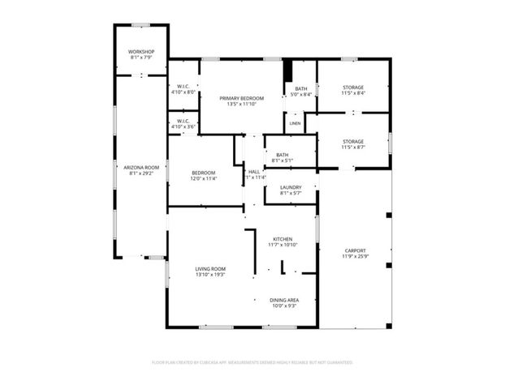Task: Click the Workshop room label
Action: [140, 51]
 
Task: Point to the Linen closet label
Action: [295, 123]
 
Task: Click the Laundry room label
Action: [290, 186]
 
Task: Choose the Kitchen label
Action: [283, 238]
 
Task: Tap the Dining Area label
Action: [284, 300]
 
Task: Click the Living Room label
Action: [210, 268]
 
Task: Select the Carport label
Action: [355, 250]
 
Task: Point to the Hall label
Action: [254, 171]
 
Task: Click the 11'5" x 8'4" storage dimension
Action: [353, 93]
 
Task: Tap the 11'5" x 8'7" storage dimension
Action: [353, 147]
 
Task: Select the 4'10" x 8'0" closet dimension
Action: [183, 92]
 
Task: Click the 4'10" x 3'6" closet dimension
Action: [183, 126]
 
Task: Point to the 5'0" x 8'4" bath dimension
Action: [301, 95]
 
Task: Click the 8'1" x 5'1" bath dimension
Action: [283, 160]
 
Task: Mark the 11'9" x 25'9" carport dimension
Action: [355, 257]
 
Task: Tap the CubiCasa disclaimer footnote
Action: [252, 362]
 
